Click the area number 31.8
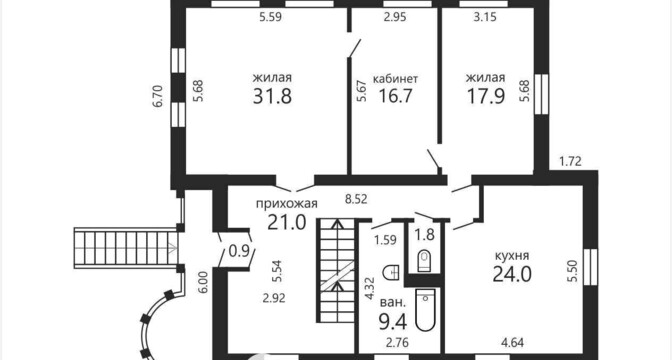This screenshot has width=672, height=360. [x=272, y=96]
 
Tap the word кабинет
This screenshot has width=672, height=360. [x=396, y=79]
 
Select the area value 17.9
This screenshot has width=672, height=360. [x=486, y=96]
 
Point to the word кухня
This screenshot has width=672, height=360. [x=512, y=256]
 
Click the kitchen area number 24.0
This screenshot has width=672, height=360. [x=512, y=274]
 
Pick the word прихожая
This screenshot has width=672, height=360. [x=287, y=203]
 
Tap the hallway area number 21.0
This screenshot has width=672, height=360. [x=287, y=222]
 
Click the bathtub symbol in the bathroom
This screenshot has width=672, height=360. [x=425, y=310]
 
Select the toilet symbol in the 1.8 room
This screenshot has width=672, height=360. [x=424, y=261]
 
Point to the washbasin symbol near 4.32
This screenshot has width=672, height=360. [x=392, y=272]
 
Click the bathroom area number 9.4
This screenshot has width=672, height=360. [x=393, y=322]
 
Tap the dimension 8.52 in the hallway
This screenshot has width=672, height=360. [x=356, y=199]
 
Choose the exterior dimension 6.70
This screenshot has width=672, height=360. [x=159, y=96]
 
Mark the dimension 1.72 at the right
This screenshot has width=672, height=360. [x=570, y=162]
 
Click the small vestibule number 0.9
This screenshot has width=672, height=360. [x=238, y=252]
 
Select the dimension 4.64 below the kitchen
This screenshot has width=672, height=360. [x=513, y=343]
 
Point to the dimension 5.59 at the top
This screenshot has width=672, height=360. [x=270, y=18]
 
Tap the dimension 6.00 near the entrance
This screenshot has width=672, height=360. [x=203, y=282]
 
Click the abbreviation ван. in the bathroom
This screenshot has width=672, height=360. [x=393, y=303]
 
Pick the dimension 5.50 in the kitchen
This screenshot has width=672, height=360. [x=574, y=271]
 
